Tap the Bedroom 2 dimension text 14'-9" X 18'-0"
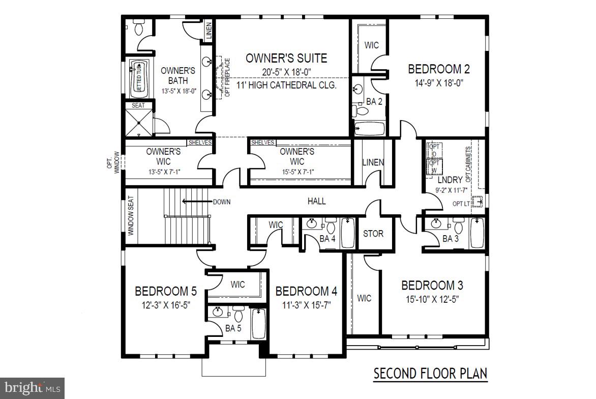point(438,82)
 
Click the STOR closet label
point(373,234)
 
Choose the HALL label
point(316,202)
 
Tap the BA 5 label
point(233,328)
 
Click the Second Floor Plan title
point(430,373)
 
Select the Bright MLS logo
point(32,388)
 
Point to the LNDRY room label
point(450,180)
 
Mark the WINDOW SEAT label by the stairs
point(130,216)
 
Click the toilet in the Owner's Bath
point(138,27)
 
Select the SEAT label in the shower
point(138,106)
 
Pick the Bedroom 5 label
point(165,292)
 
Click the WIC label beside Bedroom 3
point(364,298)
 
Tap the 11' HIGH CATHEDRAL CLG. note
point(286,85)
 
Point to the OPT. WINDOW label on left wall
point(113,163)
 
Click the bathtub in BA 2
point(369,128)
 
